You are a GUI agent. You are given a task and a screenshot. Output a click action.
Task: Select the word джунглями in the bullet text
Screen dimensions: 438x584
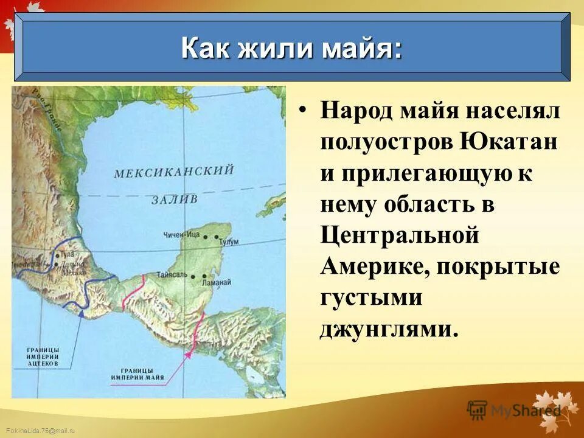387,328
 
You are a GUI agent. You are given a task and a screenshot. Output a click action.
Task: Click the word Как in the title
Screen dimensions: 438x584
206,49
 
